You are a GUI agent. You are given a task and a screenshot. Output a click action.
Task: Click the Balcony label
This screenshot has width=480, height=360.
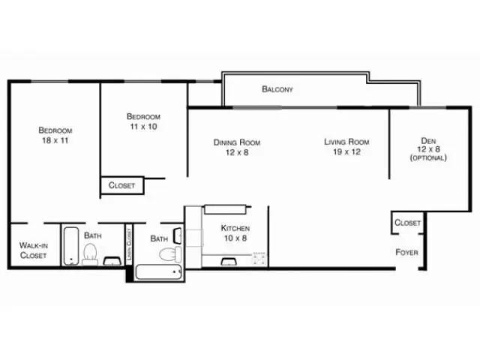click(277, 89)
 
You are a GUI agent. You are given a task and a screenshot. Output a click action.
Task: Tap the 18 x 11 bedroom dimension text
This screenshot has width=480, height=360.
click(55, 140)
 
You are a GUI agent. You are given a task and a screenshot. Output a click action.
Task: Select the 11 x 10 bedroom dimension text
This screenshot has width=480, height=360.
click(142, 127)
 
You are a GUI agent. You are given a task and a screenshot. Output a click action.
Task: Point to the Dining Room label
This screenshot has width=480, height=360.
click(236, 142)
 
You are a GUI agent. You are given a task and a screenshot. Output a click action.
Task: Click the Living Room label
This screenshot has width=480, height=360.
click(346, 142)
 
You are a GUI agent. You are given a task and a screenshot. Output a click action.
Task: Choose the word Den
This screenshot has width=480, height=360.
click(427, 139)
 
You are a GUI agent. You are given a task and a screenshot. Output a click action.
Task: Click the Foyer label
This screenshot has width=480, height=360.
click(406, 252)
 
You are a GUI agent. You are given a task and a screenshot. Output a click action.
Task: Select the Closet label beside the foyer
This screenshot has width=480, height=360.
click(407, 223)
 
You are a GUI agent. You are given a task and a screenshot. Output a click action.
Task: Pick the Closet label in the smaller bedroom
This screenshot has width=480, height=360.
click(121, 185)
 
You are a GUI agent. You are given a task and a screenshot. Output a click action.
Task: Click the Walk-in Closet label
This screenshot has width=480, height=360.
click(32, 250)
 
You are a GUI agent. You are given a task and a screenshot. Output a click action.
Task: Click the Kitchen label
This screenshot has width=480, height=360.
click(235, 228)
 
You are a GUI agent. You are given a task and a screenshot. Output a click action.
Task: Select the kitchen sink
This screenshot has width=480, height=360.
click(229, 261)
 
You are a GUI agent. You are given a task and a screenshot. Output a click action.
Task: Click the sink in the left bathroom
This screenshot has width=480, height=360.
click(113, 261)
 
